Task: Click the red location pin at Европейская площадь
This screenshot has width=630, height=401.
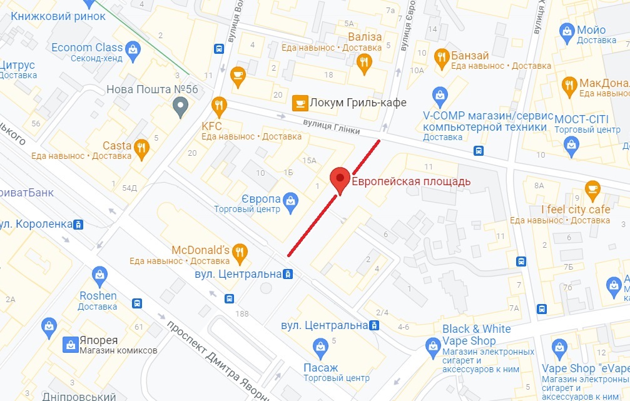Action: pyautogui.click(x=340, y=179)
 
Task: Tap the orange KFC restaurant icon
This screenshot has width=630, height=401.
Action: pyautogui.click(x=219, y=107)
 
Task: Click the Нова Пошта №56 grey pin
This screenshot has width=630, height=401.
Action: pyautogui.click(x=180, y=108)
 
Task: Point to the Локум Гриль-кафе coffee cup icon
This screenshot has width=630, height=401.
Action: pyautogui.click(x=300, y=103)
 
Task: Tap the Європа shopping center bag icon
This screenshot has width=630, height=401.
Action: pyautogui.click(x=290, y=200)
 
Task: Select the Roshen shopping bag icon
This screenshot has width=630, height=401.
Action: pyautogui.click(x=98, y=274)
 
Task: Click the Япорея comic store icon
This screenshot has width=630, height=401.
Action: pyautogui.click(x=70, y=343)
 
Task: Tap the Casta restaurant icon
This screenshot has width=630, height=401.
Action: pyautogui.click(x=141, y=148)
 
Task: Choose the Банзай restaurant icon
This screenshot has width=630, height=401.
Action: pyautogui.click(x=442, y=56)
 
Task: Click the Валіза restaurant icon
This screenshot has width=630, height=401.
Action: pyautogui.click(x=364, y=61)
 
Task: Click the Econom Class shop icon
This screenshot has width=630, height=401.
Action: pyautogui.click(x=133, y=48)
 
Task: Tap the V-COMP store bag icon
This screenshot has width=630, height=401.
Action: pyautogui.click(x=440, y=95)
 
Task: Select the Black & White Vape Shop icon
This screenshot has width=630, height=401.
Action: pyautogui.click(x=432, y=345)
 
